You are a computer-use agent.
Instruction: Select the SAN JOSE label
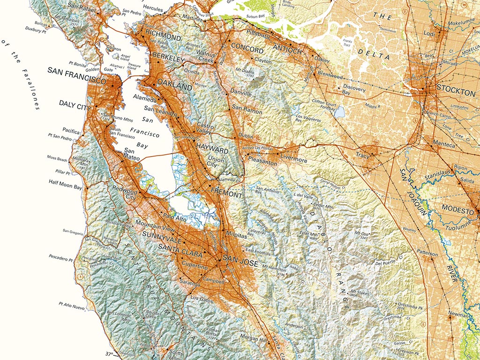[240, 263]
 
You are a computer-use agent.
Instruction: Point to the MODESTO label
[456, 211]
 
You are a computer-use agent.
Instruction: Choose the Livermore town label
[294, 160]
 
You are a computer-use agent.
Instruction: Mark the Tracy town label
[362, 154]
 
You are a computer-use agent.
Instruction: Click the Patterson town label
[427, 253]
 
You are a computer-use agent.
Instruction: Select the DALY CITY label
[75, 103]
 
